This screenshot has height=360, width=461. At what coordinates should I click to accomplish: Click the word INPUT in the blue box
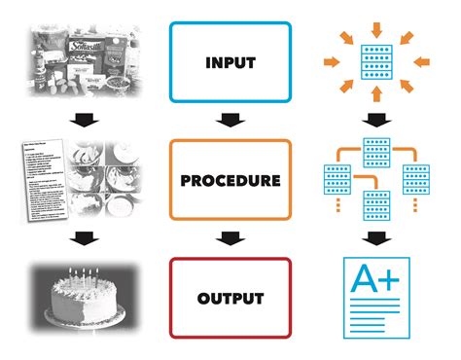click(230, 62)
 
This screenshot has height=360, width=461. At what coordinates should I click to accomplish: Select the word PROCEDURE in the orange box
click(230, 181)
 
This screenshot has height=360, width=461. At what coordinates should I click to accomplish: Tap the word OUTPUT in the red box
click(230, 299)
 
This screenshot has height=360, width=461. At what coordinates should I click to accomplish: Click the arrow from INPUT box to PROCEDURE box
click(230, 121)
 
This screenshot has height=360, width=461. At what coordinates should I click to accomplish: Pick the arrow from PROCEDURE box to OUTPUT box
click(230, 239)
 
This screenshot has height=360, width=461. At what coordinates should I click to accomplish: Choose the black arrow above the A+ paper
click(374, 239)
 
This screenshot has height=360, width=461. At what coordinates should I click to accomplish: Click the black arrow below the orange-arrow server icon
click(374, 121)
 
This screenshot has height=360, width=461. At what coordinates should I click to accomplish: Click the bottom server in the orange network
click(374, 204)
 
